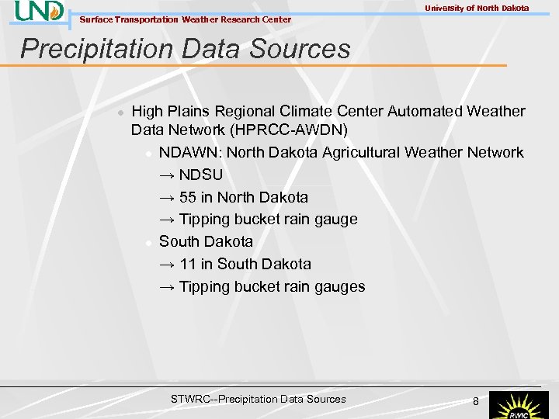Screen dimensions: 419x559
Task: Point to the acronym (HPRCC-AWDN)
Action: pyautogui.click(x=295, y=130)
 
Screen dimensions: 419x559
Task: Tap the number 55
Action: pyautogui.click(x=188, y=197)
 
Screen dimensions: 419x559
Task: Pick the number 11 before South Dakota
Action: pyautogui.click(x=187, y=264)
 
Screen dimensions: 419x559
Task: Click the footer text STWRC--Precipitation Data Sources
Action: pyautogui.click(x=258, y=399)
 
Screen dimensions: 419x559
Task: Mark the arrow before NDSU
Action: pyautogui.click(x=167, y=175)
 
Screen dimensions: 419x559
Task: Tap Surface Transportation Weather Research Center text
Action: pyautogui.click(x=186, y=19)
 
